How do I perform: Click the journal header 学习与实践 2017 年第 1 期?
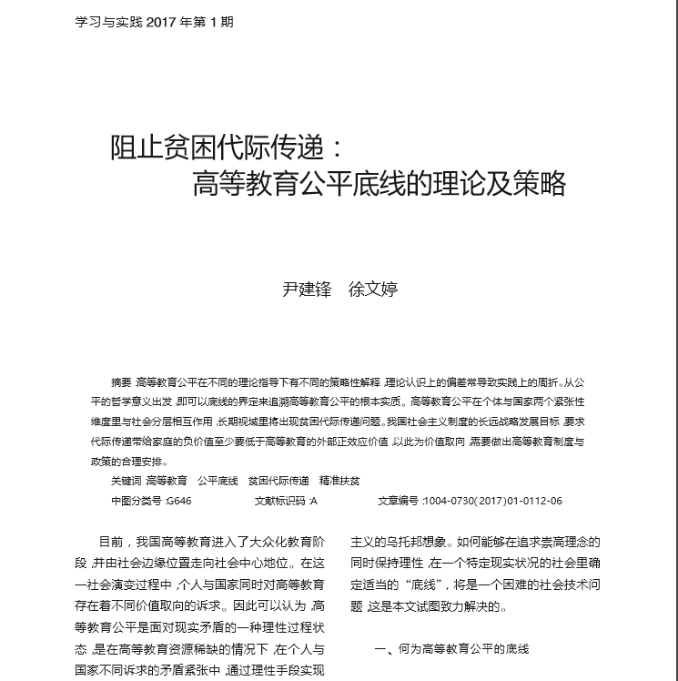pyautogui.click(x=154, y=22)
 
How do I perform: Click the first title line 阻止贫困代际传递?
pyautogui.click(x=224, y=147)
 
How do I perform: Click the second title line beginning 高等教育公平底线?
pyautogui.click(x=379, y=184)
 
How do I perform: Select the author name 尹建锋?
pyautogui.click(x=307, y=290)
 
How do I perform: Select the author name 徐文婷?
pyautogui.click(x=373, y=290)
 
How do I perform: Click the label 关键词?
pyautogui.click(x=125, y=480)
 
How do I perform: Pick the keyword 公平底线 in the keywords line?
pyautogui.click(x=218, y=480)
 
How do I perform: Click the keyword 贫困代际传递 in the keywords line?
pyautogui.click(x=278, y=480)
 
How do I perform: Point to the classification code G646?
pyautogui.click(x=179, y=501)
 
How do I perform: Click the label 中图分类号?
pyautogui.click(x=136, y=501)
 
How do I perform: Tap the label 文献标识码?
pyautogui.click(x=279, y=501)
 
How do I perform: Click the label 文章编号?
pyautogui.click(x=398, y=501)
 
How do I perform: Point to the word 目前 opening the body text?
pyautogui.click(x=110, y=542)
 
